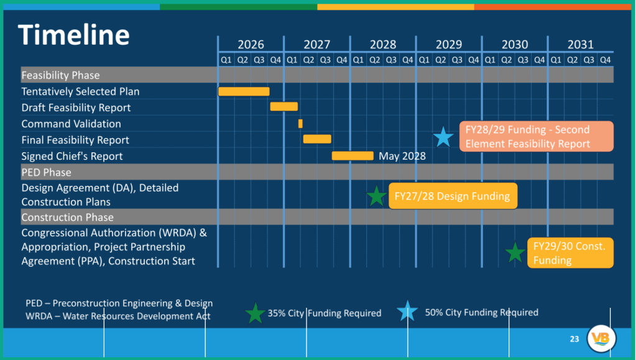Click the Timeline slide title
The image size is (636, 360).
click(74, 35)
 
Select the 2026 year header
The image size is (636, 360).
click(251, 44)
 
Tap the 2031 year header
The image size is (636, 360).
click(580, 44)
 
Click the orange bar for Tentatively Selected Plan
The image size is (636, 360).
click(244, 91)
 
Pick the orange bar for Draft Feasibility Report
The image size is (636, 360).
click(283, 107)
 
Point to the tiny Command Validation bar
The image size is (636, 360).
click(300, 124)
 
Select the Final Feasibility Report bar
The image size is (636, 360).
click(317, 139)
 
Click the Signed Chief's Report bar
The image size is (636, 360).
click(353, 155)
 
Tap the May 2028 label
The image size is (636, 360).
click(402, 155)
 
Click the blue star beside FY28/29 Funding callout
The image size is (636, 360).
click(443, 137)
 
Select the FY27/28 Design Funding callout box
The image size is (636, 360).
click(452, 196)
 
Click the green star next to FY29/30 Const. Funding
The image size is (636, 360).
click(515, 252)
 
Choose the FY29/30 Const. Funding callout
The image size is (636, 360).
click(570, 252)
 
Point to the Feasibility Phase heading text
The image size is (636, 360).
click(60, 75)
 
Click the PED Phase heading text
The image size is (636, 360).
click(46, 172)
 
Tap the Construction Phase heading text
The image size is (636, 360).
click(67, 217)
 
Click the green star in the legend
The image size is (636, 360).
click(255, 313)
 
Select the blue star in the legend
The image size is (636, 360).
click(407, 311)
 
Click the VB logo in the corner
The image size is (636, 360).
click(601, 338)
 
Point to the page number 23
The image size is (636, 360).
click(574, 339)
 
